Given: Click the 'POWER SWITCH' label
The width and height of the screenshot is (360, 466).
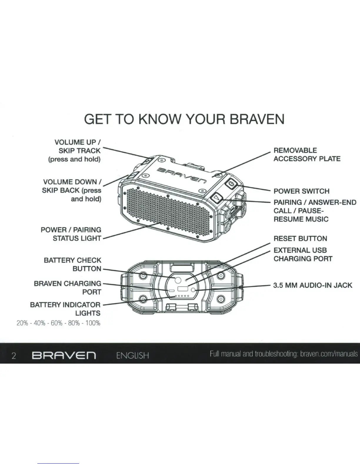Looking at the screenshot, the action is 301,191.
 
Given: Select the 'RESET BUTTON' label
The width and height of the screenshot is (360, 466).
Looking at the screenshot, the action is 300,238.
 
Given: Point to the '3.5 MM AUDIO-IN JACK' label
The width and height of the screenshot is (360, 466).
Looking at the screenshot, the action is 312,285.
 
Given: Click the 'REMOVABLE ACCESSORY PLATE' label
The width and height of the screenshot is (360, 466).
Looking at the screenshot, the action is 307,154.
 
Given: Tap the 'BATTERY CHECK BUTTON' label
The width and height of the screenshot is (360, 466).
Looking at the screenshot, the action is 72,264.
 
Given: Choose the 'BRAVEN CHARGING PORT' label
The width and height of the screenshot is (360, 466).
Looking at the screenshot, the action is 68,288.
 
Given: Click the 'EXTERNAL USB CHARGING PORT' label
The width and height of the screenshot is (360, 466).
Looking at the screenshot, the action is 303,254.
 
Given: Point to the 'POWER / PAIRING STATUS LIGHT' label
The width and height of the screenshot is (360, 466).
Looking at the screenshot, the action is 71,234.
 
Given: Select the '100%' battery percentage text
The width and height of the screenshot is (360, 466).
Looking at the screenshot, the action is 93,323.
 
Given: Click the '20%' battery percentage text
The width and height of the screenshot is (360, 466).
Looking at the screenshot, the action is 22,323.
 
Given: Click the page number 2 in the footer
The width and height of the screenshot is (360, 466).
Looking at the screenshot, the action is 14,356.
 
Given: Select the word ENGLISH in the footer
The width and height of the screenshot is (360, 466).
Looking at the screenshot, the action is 132,355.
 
